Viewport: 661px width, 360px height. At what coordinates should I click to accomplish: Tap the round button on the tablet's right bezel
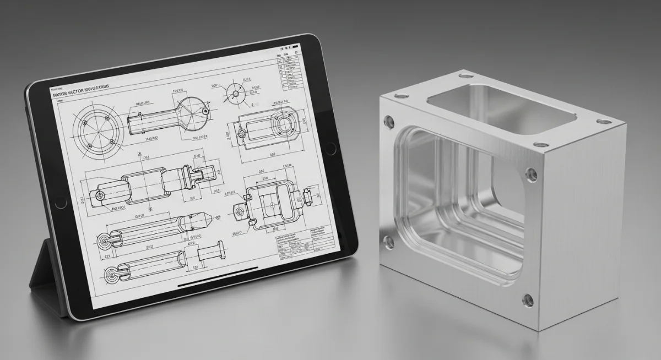(x=330, y=148)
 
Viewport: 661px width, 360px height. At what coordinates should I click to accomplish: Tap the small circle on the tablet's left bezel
(x=59, y=204)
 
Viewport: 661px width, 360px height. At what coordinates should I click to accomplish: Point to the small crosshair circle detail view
(x=235, y=93)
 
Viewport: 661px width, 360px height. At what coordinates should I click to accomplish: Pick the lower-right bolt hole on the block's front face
(x=528, y=301)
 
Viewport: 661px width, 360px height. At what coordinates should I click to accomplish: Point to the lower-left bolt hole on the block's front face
(x=389, y=241)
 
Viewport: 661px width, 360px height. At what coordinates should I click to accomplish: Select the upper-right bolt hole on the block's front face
(x=532, y=175)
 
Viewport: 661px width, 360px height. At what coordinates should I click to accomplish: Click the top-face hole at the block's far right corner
(x=604, y=121)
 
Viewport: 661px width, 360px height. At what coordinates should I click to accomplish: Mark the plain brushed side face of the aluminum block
(x=584, y=220)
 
